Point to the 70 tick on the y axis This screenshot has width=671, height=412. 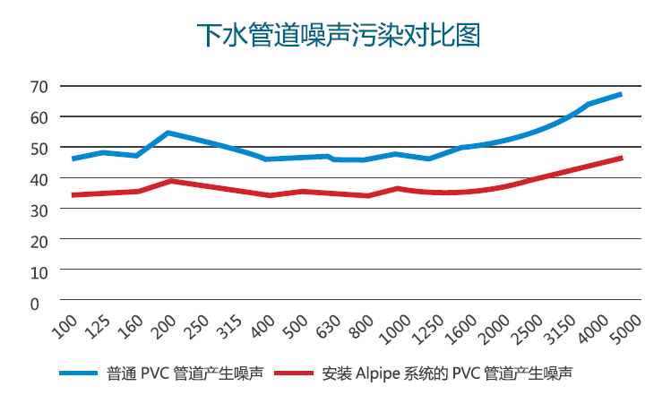pos(39,87)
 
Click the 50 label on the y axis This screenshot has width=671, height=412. pos(39,149)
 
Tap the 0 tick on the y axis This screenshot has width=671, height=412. pos(35,303)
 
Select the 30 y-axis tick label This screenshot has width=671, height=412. pos(39,210)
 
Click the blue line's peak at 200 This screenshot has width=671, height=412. pos(168,133)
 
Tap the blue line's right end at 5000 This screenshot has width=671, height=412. pos(620,94)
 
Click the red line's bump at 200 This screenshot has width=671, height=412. pos(170,181)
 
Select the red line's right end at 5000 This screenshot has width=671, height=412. pos(620,159)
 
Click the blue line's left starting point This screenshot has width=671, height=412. pos(73,159)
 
